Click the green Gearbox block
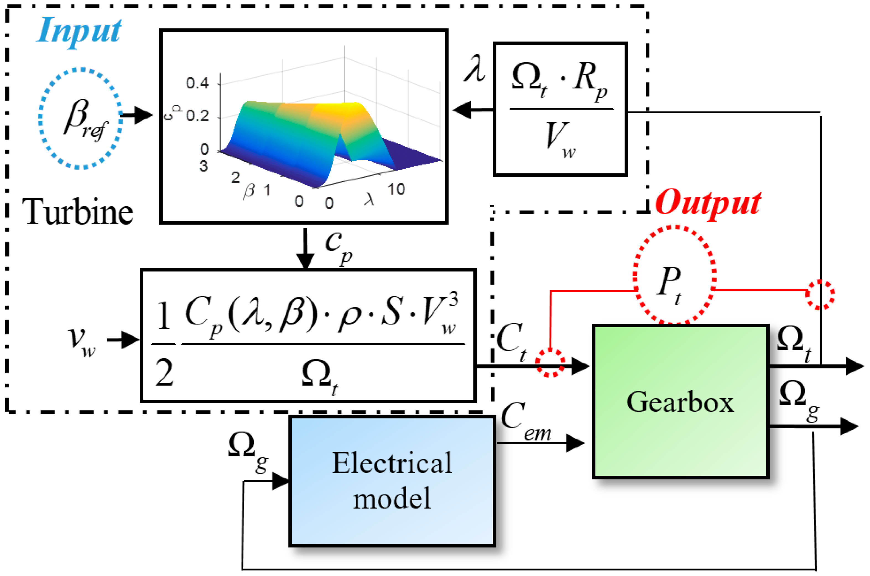click(680, 402)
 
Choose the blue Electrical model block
click(392, 481)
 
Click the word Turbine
click(77, 212)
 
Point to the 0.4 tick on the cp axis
click(197, 83)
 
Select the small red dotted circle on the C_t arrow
click(550, 363)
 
